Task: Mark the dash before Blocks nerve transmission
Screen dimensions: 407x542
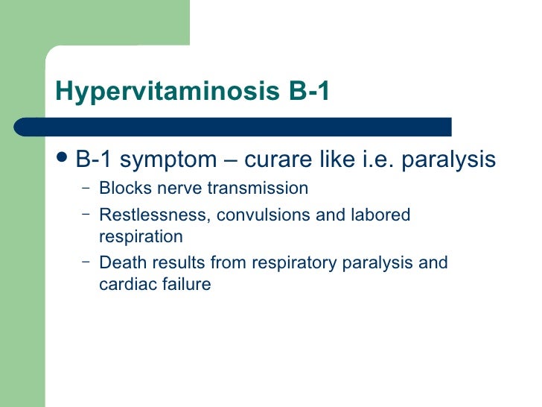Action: click(x=86, y=187)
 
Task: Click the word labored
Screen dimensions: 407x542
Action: click(x=381, y=215)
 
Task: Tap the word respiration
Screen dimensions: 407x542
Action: click(x=140, y=236)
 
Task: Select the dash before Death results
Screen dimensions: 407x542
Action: click(x=86, y=262)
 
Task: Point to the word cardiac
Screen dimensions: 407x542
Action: click(x=124, y=283)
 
